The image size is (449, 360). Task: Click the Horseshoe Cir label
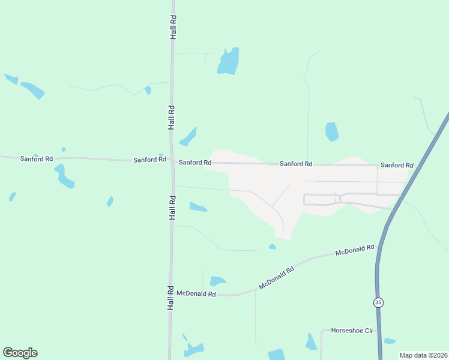pos(352,331)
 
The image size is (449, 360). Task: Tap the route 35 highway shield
pos(378,302)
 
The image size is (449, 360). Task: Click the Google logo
pos(20,353)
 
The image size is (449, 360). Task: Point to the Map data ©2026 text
pos(423,355)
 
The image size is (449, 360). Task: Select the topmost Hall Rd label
pos(173,28)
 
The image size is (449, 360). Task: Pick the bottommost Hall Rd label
pos(170,298)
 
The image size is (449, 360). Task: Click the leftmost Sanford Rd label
pos(37,159)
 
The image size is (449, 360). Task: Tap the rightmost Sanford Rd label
pos(397,165)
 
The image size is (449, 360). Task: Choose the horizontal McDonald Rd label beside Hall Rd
pos(196,294)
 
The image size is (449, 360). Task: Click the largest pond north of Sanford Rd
pos(228,61)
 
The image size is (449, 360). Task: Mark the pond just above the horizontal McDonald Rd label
pos(217,281)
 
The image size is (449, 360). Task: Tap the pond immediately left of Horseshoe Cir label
pos(310,343)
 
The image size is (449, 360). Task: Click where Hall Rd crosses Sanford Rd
pos(172,161)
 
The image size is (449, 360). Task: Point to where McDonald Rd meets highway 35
pos(379,247)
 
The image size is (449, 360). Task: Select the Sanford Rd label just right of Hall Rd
pos(195,163)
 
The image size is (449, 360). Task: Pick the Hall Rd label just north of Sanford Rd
pos(172,118)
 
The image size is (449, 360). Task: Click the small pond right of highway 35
pos(390,341)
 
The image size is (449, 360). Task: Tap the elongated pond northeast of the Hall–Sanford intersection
pos(188,137)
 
